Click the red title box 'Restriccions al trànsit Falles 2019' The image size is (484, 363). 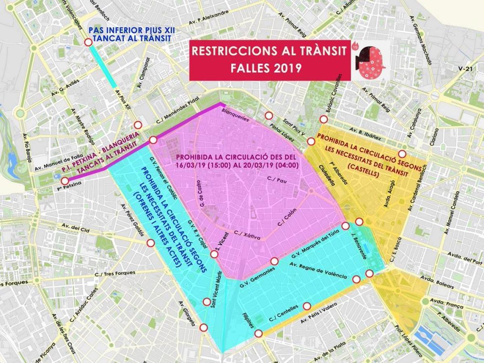tap(269, 60)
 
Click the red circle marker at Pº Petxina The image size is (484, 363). tap(65, 181)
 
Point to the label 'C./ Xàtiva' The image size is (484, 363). tap(247, 234)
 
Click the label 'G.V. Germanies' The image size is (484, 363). tap(255, 278)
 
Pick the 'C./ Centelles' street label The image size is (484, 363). tap(284, 313)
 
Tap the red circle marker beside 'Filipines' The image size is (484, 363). tap(259, 334)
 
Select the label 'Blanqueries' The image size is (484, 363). tap(236, 114)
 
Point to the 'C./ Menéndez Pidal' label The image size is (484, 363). tap(177, 115)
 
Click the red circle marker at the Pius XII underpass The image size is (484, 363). tap(88, 43)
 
